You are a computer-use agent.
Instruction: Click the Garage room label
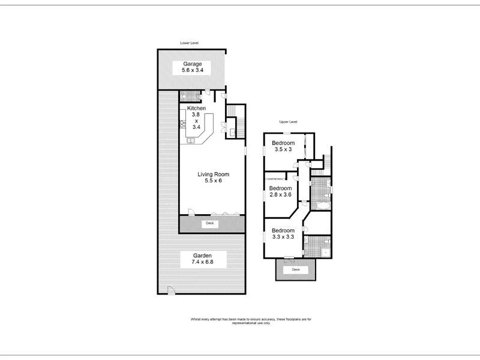[193, 67]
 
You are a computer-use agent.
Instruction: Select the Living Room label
[213, 178]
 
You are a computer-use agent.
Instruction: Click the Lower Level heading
[190, 43]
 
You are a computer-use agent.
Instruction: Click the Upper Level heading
[289, 122]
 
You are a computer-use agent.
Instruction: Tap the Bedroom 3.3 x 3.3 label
[283, 234]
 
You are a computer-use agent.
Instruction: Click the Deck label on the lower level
[209, 223]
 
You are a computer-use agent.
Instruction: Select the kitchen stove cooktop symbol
[182, 124]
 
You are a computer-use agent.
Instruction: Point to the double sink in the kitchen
[190, 141]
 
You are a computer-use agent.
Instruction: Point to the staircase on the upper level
[328, 161]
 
